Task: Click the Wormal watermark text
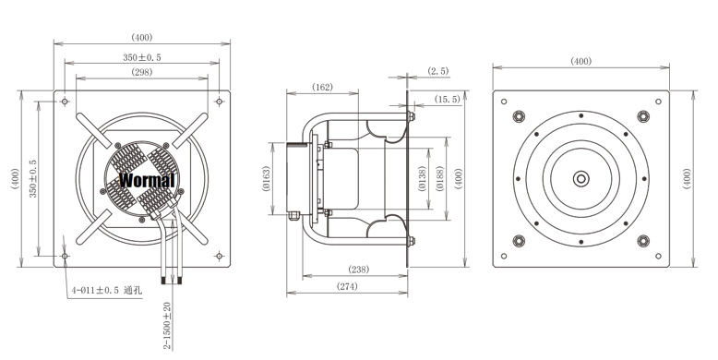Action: point(147,180)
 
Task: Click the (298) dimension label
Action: point(142,72)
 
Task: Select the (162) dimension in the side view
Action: point(322,87)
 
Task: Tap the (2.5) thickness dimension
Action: point(438,71)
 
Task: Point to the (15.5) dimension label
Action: point(448,99)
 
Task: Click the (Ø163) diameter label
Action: point(267,179)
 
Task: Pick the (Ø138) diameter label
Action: point(422,179)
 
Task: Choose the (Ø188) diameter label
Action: point(440,179)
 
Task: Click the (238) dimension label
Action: point(359,270)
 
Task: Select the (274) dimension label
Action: point(347,287)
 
